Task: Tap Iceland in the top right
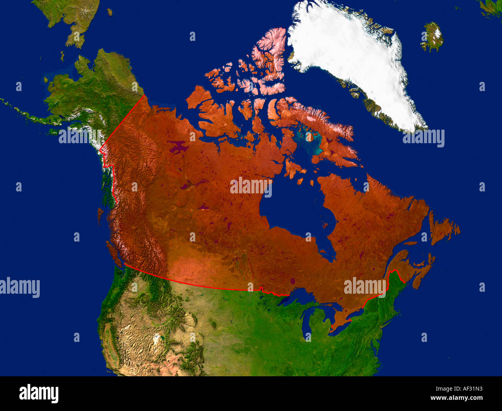coord(432,37)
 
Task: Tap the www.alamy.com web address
coord(456,398)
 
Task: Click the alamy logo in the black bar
coord(39,394)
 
